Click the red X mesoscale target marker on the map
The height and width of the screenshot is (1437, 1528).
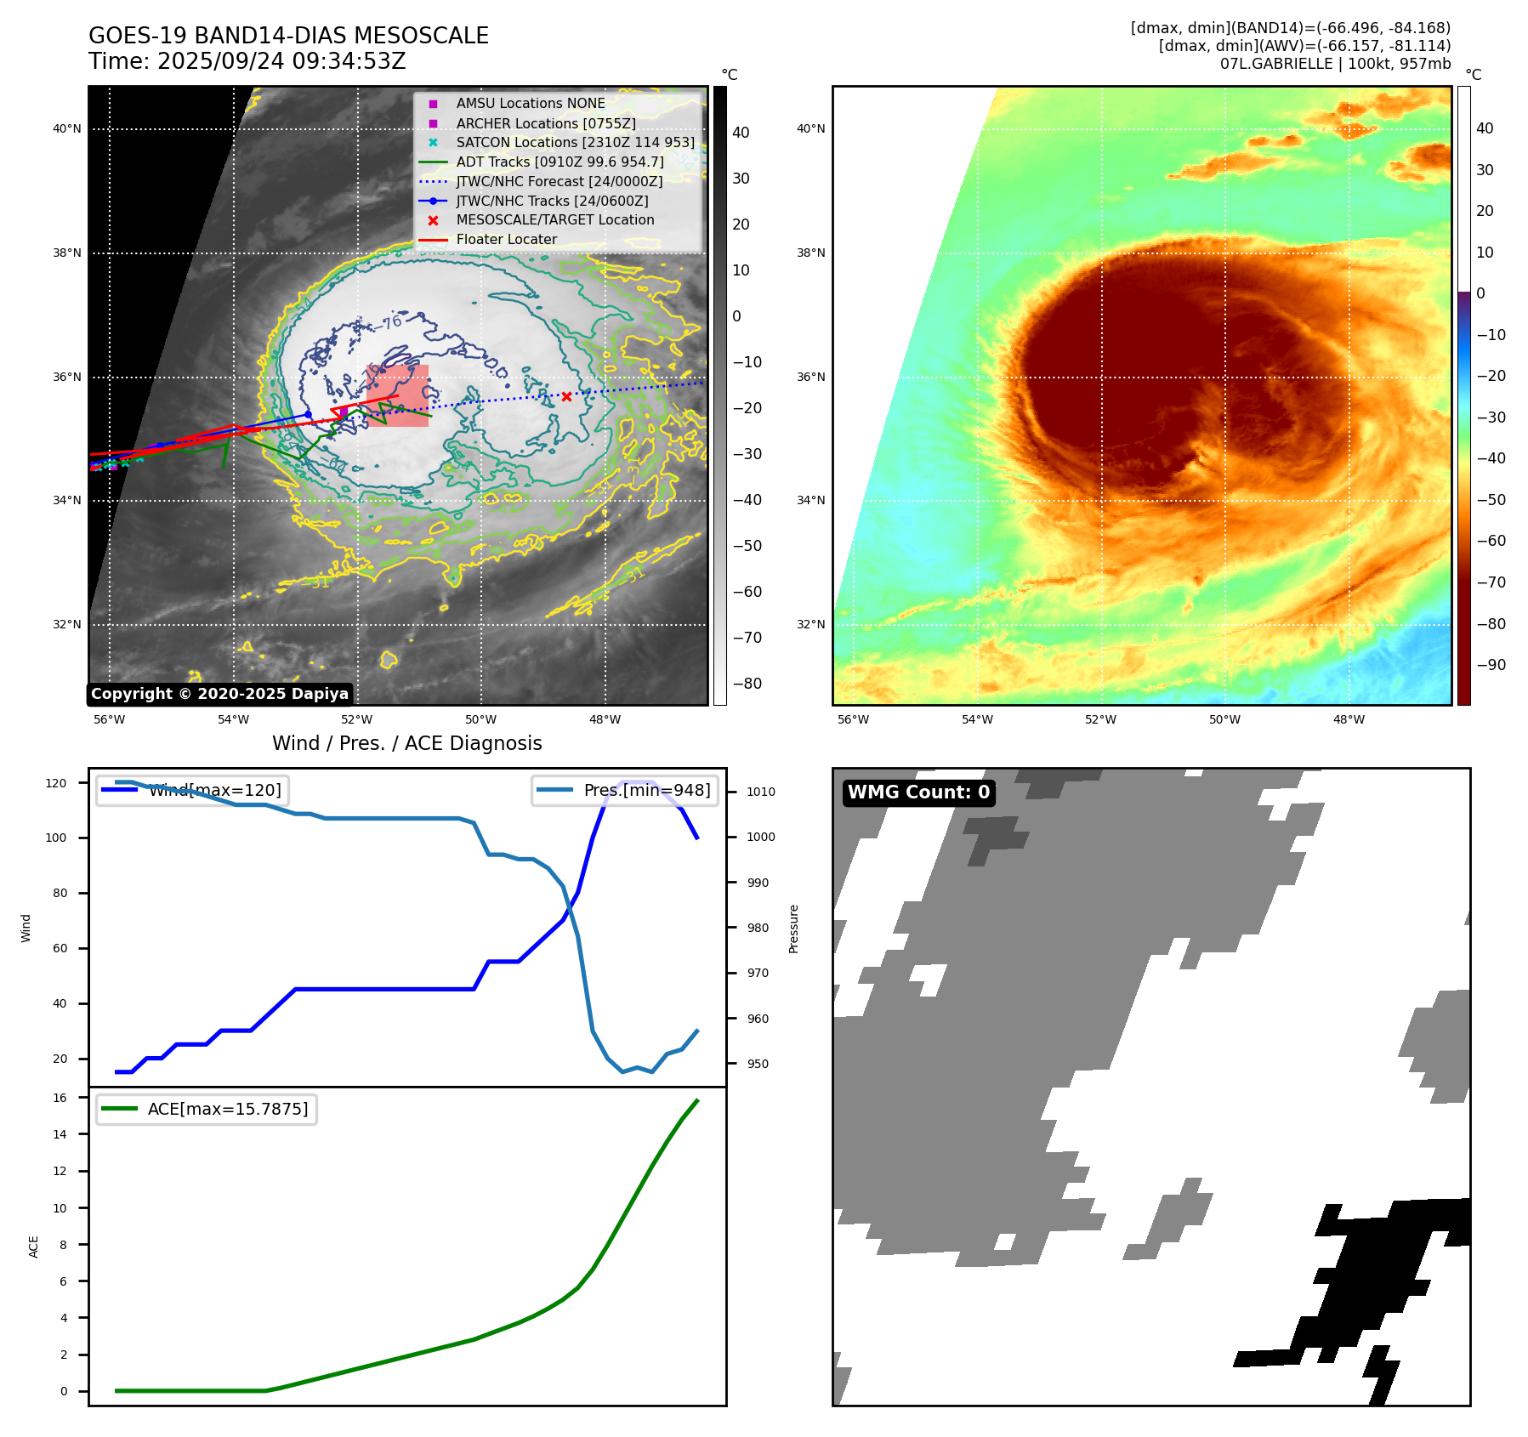point(566,396)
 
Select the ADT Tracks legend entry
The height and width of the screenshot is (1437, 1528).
point(560,162)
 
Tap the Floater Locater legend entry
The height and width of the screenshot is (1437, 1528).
point(506,240)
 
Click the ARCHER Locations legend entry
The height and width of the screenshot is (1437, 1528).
point(545,123)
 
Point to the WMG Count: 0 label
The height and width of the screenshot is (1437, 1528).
point(918,792)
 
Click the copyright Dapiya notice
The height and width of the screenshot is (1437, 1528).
point(219,694)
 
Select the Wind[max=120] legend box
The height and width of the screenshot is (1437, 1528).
point(192,790)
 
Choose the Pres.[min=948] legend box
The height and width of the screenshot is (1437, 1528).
point(625,790)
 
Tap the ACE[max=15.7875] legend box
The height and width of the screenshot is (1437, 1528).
point(207,1109)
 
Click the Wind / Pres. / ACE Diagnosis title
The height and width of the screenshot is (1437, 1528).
point(406,743)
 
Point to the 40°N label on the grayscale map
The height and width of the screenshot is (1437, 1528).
point(67,129)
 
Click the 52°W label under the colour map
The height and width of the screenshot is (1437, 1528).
point(1100,719)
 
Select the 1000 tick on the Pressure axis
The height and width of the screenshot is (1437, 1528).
point(760,837)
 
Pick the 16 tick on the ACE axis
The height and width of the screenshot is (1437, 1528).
point(60,1098)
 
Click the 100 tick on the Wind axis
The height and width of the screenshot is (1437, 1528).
point(56,838)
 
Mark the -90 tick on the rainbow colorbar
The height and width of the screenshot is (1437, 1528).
point(1490,665)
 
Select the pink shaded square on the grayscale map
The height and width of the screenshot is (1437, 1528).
point(397,395)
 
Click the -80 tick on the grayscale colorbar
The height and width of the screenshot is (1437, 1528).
point(747,684)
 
